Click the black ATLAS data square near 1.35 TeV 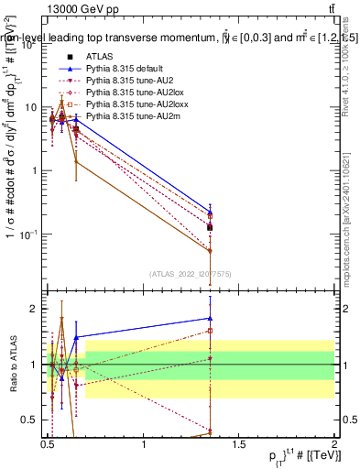pos(211,227)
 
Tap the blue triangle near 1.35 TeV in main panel pos(211,212)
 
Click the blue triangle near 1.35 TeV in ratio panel pos(211,319)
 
